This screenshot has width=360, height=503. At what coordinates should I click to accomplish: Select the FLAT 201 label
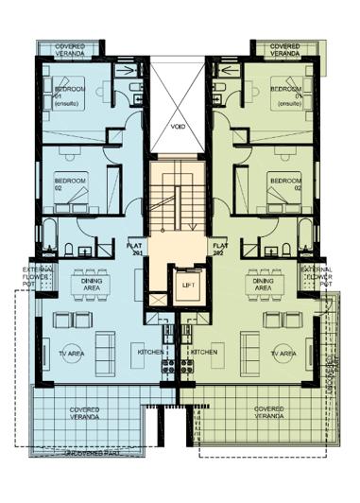(x=134, y=249)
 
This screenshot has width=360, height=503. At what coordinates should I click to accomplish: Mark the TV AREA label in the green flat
(x=283, y=352)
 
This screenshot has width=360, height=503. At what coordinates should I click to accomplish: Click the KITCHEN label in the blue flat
(x=149, y=352)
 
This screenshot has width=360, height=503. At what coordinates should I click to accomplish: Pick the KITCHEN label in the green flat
(x=205, y=352)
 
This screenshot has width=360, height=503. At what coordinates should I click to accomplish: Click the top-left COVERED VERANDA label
(x=70, y=49)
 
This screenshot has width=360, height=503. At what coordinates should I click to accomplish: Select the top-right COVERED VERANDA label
(x=285, y=49)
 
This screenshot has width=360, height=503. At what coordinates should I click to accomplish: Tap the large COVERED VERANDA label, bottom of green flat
(x=269, y=413)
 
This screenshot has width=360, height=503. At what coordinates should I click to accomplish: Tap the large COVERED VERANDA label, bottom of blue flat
(x=86, y=413)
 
